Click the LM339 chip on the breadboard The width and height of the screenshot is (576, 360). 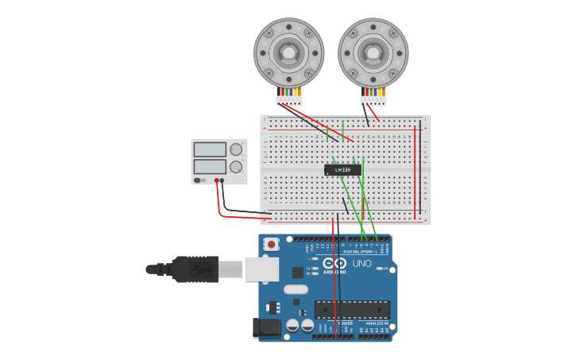[x=342, y=169]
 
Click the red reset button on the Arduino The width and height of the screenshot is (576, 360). [x=272, y=245]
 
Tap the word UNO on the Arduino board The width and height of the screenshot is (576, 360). [x=361, y=263]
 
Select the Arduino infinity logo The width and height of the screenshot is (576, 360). [x=334, y=263]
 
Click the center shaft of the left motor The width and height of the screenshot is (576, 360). [x=288, y=52]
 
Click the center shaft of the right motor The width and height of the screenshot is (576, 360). [x=373, y=52]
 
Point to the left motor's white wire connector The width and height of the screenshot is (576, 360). [x=288, y=101]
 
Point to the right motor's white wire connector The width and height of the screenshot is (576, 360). [x=373, y=101]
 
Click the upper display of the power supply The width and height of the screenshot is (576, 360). [x=210, y=149]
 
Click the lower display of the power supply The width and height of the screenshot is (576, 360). [x=210, y=167]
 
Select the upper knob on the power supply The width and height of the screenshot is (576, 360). [x=236, y=149]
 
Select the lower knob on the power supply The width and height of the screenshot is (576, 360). [x=236, y=167]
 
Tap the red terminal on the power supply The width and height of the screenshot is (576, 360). [x=216, y=180]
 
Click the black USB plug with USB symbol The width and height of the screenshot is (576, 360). [x=195, y=269]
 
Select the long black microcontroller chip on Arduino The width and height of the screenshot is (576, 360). [x=352, y=309]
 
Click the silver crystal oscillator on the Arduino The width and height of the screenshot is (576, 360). [x=295, y=289]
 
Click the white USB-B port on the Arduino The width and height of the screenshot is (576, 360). [x=261, y=269]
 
